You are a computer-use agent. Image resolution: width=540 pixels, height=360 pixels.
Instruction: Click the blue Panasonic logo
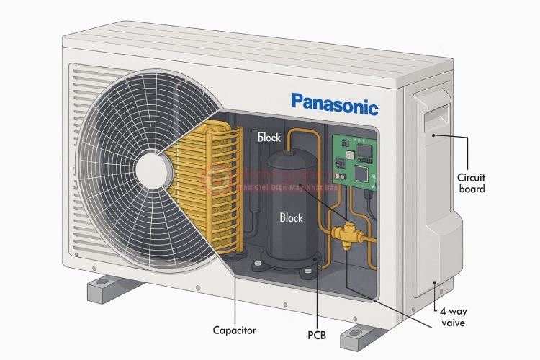click(x=334, y=104)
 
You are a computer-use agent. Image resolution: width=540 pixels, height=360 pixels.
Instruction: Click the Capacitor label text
click(x=234, y=330)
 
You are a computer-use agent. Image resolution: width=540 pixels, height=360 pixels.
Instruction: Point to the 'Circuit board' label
click(x=471, y=183)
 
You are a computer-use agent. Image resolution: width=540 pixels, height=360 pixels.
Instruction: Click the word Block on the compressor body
click(x=291, y=217)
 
